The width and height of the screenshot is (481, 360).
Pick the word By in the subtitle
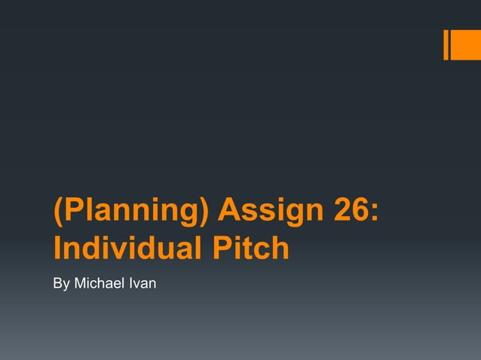(60, 284)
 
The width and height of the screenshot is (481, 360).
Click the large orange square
(466, 44)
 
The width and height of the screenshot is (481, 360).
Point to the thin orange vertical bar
(446, 44)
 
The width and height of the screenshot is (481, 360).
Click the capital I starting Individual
(57, 248)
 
